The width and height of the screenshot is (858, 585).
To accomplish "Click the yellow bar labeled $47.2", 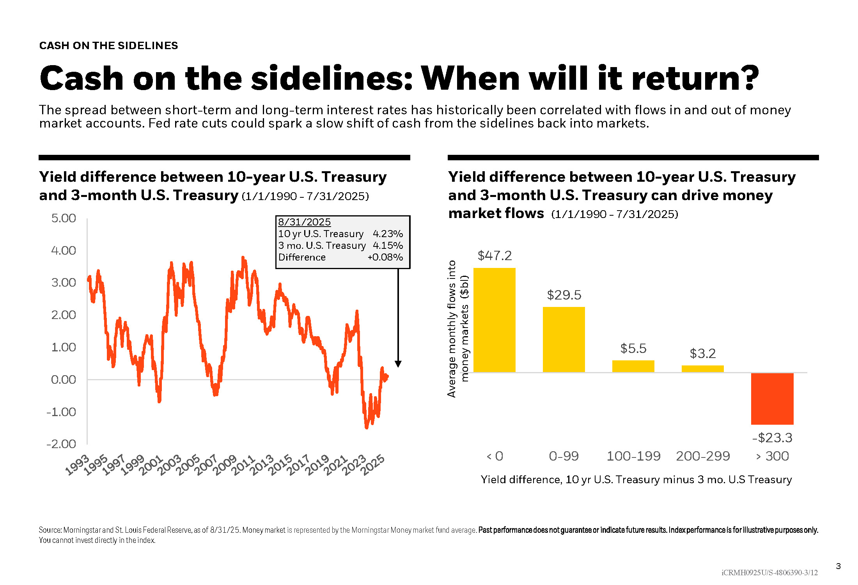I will point(494,320).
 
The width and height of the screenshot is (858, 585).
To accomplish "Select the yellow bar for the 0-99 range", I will point(564,339).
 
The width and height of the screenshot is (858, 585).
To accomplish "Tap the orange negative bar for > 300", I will point(772,399).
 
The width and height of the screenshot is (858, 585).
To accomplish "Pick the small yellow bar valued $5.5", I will point(633,366).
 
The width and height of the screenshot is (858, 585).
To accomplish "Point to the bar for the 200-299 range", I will point(702,369).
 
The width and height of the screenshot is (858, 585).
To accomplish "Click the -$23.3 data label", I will point(772,438).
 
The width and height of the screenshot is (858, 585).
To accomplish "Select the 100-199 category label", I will point(633,456).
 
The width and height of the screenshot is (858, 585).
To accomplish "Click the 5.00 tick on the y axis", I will point(64,218).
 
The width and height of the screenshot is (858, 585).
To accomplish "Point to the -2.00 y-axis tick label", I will point(61,444).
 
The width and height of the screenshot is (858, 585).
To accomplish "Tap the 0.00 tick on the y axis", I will point(64,379).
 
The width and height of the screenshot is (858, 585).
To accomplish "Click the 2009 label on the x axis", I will point(225,465).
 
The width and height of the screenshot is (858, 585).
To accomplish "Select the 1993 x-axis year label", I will point(77,465).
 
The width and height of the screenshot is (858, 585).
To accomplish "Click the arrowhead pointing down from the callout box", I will point(398,364).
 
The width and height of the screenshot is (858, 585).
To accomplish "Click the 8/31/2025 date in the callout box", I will point(304,222).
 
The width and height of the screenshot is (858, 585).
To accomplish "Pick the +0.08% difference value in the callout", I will point(385,257).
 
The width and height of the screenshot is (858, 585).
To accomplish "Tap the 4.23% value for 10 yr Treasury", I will point(388,234).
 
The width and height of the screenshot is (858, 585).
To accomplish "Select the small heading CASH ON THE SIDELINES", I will point(108,46).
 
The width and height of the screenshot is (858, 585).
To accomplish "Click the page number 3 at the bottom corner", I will point(838,566).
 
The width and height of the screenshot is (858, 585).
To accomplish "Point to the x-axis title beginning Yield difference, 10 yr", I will point(636,479).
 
